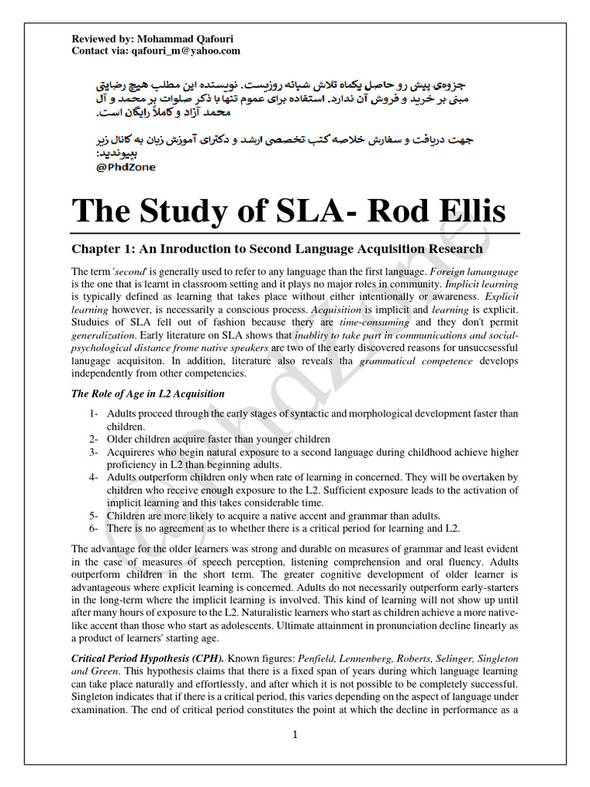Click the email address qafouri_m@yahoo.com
tap(184, 51)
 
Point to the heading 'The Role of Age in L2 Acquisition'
tap(147, 394)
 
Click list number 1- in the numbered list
tap(94, 414)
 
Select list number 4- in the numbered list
tap(94, 477)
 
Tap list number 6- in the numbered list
tap(94, 528)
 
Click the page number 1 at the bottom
tap(294, 735)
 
